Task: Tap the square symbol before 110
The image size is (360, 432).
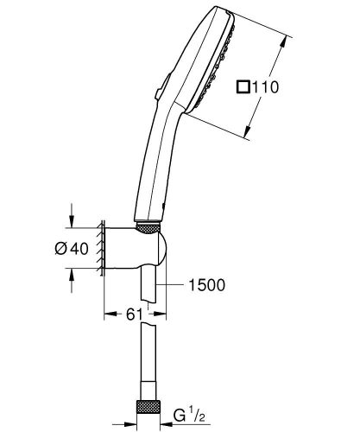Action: click(244, 86)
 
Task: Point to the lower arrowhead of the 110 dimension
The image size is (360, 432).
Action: click(249, 136)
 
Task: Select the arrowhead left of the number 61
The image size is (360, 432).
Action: click(107, 314)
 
